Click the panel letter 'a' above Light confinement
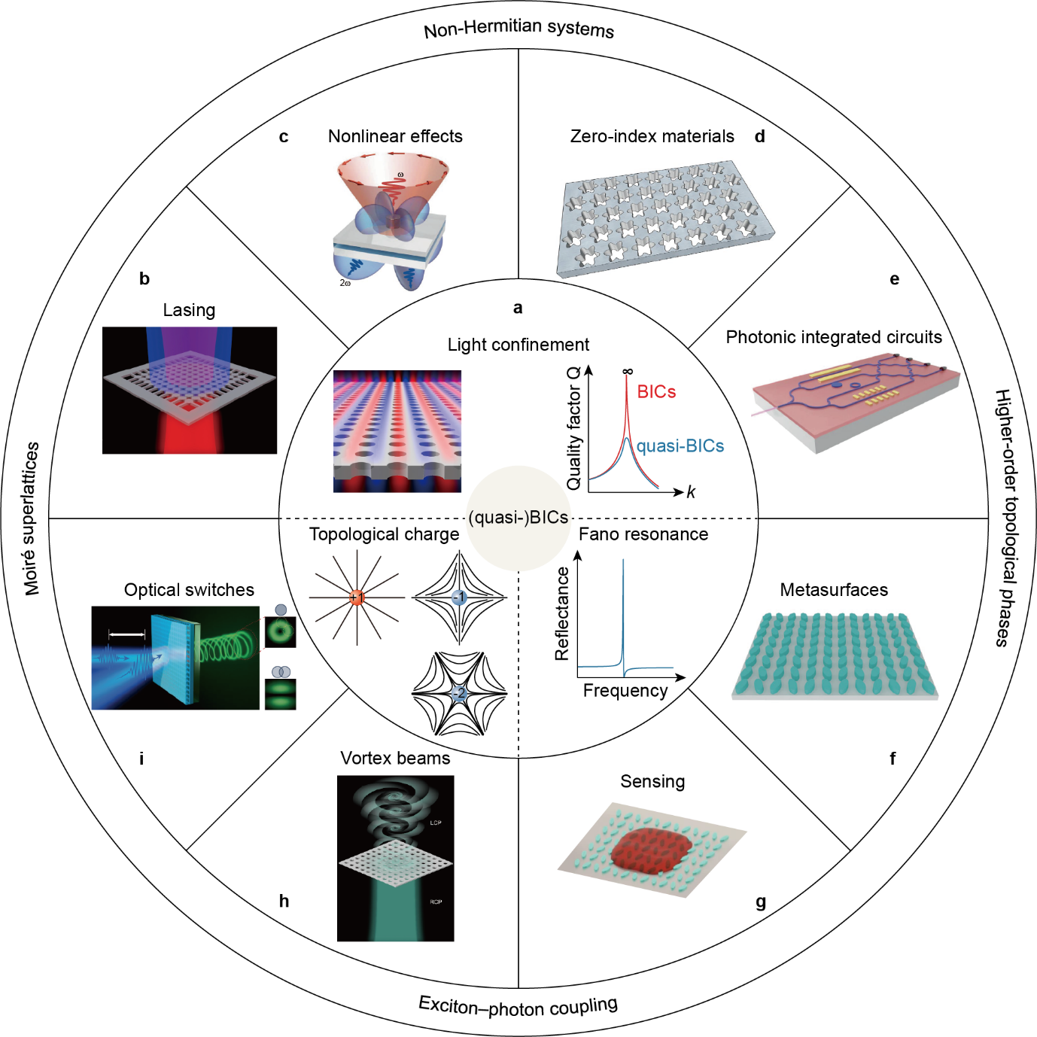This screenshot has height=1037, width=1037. coord(518,308)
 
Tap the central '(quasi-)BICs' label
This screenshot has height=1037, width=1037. coord(518,518)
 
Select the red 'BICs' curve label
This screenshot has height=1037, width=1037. coord(656,392)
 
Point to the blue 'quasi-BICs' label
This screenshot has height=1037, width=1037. coord(680,446)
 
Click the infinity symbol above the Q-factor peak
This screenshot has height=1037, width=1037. coord(628,371)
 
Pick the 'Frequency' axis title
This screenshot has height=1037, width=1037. coord(625,691)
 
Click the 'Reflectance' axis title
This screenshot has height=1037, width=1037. coord(562,614)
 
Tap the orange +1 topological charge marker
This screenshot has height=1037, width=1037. coord(357,598)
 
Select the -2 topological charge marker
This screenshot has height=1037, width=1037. coord(459,693)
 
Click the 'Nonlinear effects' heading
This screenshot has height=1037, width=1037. coord(395,136)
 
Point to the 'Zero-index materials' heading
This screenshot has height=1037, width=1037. coord(652,136)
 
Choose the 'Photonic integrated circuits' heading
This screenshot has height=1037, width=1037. coord(834,337)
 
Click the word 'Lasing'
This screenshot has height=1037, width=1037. coord(189,310)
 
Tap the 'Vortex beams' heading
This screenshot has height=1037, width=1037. coord(395,758)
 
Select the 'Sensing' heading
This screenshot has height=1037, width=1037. coord(652,781)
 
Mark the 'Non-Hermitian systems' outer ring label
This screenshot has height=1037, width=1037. coord(518,29)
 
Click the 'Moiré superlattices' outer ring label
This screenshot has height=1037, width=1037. coord(31,518)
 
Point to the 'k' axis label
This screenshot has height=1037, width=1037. coord(691,493)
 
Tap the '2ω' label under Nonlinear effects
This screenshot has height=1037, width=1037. coord(345,283)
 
